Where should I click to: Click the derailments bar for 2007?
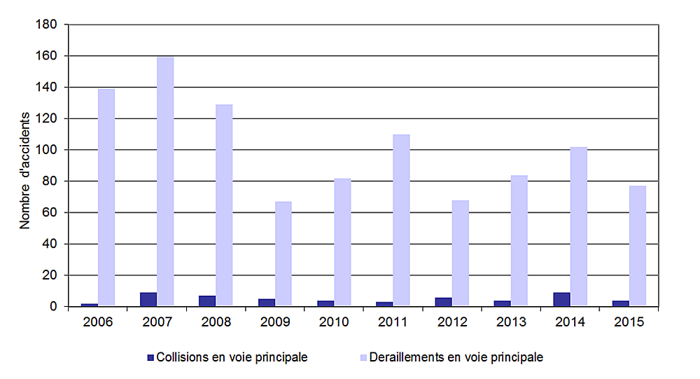click(165, 181)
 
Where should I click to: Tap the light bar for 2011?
click(401, 220)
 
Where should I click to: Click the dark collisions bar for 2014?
click(561, 299)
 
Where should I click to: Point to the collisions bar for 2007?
click(148, 299)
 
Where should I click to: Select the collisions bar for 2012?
click(443, 302)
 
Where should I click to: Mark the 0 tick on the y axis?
click(54, 307)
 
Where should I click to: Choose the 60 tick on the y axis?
click(50, 213)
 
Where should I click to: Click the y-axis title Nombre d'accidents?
click(24, 170)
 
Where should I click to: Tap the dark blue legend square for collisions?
click(150, 357)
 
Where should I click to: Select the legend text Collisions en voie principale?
click(232, 357)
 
